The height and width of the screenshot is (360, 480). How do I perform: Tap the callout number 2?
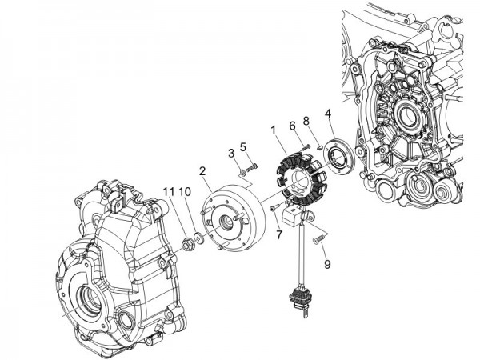(203, 171)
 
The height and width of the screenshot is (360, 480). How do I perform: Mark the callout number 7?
(279, 234)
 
